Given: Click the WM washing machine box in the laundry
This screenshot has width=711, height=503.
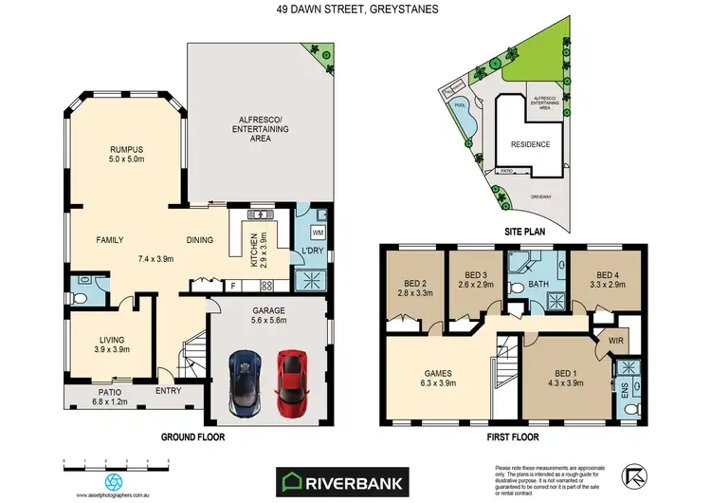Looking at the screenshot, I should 317,232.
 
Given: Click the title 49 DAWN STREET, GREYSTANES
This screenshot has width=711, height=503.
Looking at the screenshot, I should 355,10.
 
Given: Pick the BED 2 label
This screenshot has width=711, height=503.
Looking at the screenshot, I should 414,282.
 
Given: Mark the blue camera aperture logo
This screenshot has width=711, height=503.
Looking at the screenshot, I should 115,481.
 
